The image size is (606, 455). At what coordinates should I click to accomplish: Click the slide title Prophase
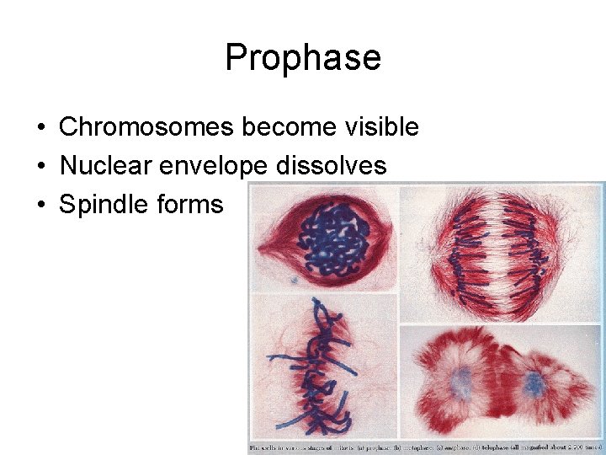pos(303,58)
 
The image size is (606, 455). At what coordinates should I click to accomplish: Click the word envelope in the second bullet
pos(212,166)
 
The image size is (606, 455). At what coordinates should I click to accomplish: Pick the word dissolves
pos(332,166)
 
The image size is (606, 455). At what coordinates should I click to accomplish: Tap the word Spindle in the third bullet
pos(104,205)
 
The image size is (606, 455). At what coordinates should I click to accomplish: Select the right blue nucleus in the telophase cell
pos(534,385)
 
